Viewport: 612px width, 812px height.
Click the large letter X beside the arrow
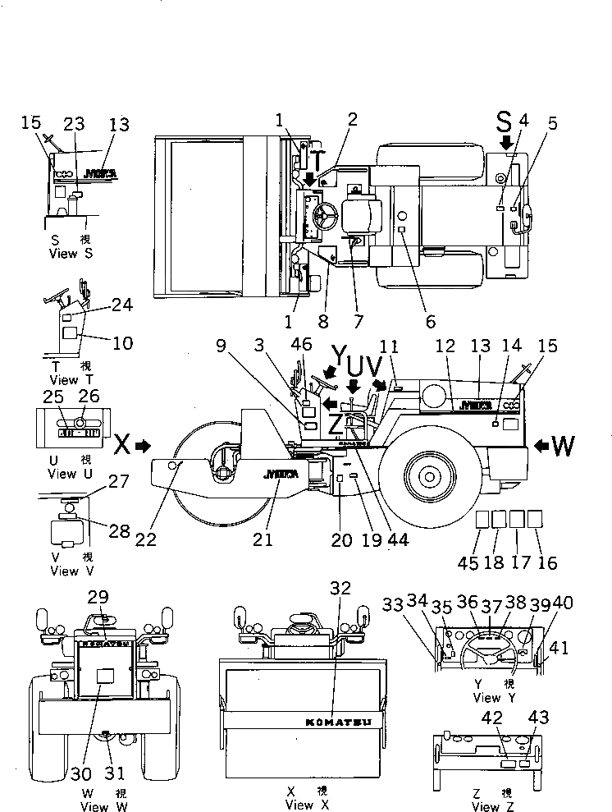[121, 445]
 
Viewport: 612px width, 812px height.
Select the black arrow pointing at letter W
[543, 445]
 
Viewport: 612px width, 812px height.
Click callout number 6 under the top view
[431, 322]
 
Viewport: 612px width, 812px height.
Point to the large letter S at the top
[504, 124]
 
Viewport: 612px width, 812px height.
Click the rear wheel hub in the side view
[429, 474]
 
